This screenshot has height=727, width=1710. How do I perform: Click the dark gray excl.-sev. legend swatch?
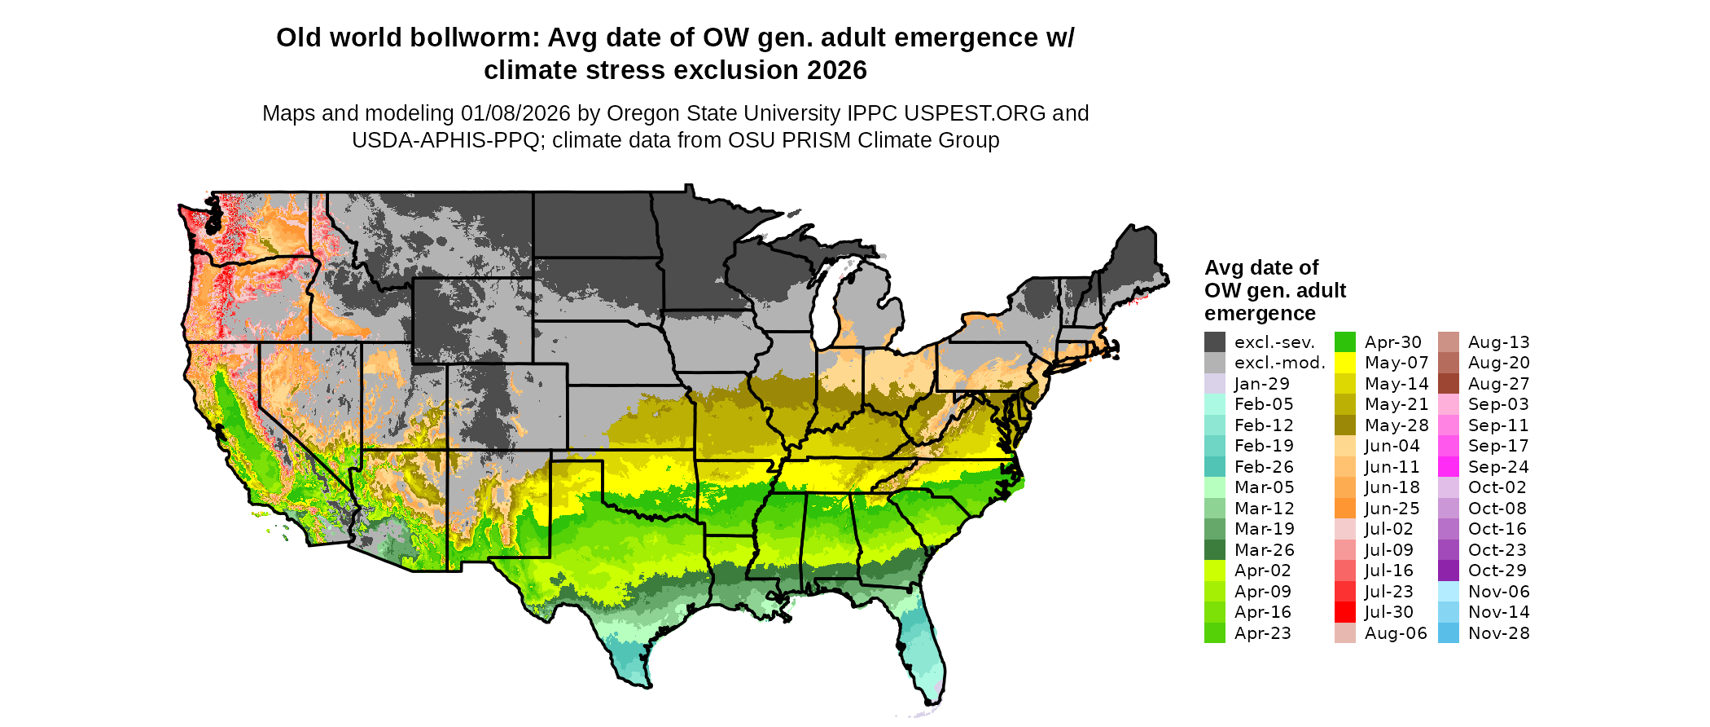coord(1215,342)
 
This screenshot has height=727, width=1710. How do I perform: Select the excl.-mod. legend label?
coord(1280,363)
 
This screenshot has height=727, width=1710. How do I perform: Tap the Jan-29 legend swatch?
coord(1215,384)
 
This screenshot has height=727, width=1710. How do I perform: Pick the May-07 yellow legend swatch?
coord(1345,363)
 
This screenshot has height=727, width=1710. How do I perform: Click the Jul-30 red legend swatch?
coord(1345,612)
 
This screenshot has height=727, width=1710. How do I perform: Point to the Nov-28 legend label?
coord(1498,633)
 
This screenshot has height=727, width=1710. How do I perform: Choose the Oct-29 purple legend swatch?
coord(1449,571)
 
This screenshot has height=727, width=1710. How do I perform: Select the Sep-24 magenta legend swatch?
coord(1449,467)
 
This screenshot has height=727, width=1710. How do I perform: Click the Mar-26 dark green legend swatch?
coord(1215,550)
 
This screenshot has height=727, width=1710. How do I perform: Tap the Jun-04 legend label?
coord(1392,446)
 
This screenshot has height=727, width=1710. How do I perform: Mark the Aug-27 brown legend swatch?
coord(1449,384)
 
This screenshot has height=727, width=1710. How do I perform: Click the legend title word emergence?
coord(1260,314)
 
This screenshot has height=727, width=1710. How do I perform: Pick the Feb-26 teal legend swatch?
coord(1215,467)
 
